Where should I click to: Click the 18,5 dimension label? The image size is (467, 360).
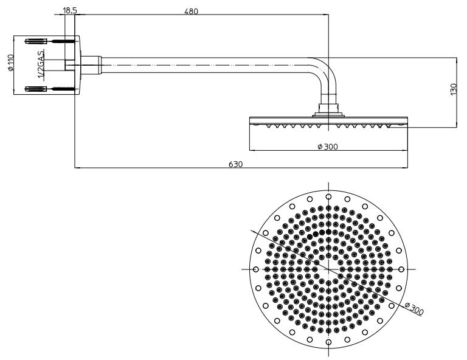tap(70, 10)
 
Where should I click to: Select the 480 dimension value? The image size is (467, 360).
tap(191, 12)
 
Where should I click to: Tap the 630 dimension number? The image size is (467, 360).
tap(236, 164)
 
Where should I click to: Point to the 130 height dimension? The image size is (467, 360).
tap(453, 89)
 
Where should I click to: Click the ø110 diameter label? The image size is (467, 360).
tap(11, 63)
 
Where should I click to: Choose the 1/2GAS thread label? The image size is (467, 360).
tap(41, 64)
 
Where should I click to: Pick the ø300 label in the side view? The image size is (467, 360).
tap(328, 147)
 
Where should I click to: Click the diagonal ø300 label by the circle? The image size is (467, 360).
tap(414, 308)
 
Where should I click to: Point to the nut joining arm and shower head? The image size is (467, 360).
tap(328, 109)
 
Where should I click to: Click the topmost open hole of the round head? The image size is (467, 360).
tap(328, 196)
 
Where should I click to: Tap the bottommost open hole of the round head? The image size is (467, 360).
tap(328, 342)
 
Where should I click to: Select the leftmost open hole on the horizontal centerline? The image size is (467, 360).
tap(255, 269)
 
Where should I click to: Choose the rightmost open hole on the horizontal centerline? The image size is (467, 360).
tap(401, 269)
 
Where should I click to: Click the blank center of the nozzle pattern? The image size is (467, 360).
tap(328, 269)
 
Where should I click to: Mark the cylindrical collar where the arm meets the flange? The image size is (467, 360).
tap(91, 65)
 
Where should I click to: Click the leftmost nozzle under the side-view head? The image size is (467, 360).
tap(269, 126)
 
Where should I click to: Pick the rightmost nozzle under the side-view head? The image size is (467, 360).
tap(388, 126)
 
